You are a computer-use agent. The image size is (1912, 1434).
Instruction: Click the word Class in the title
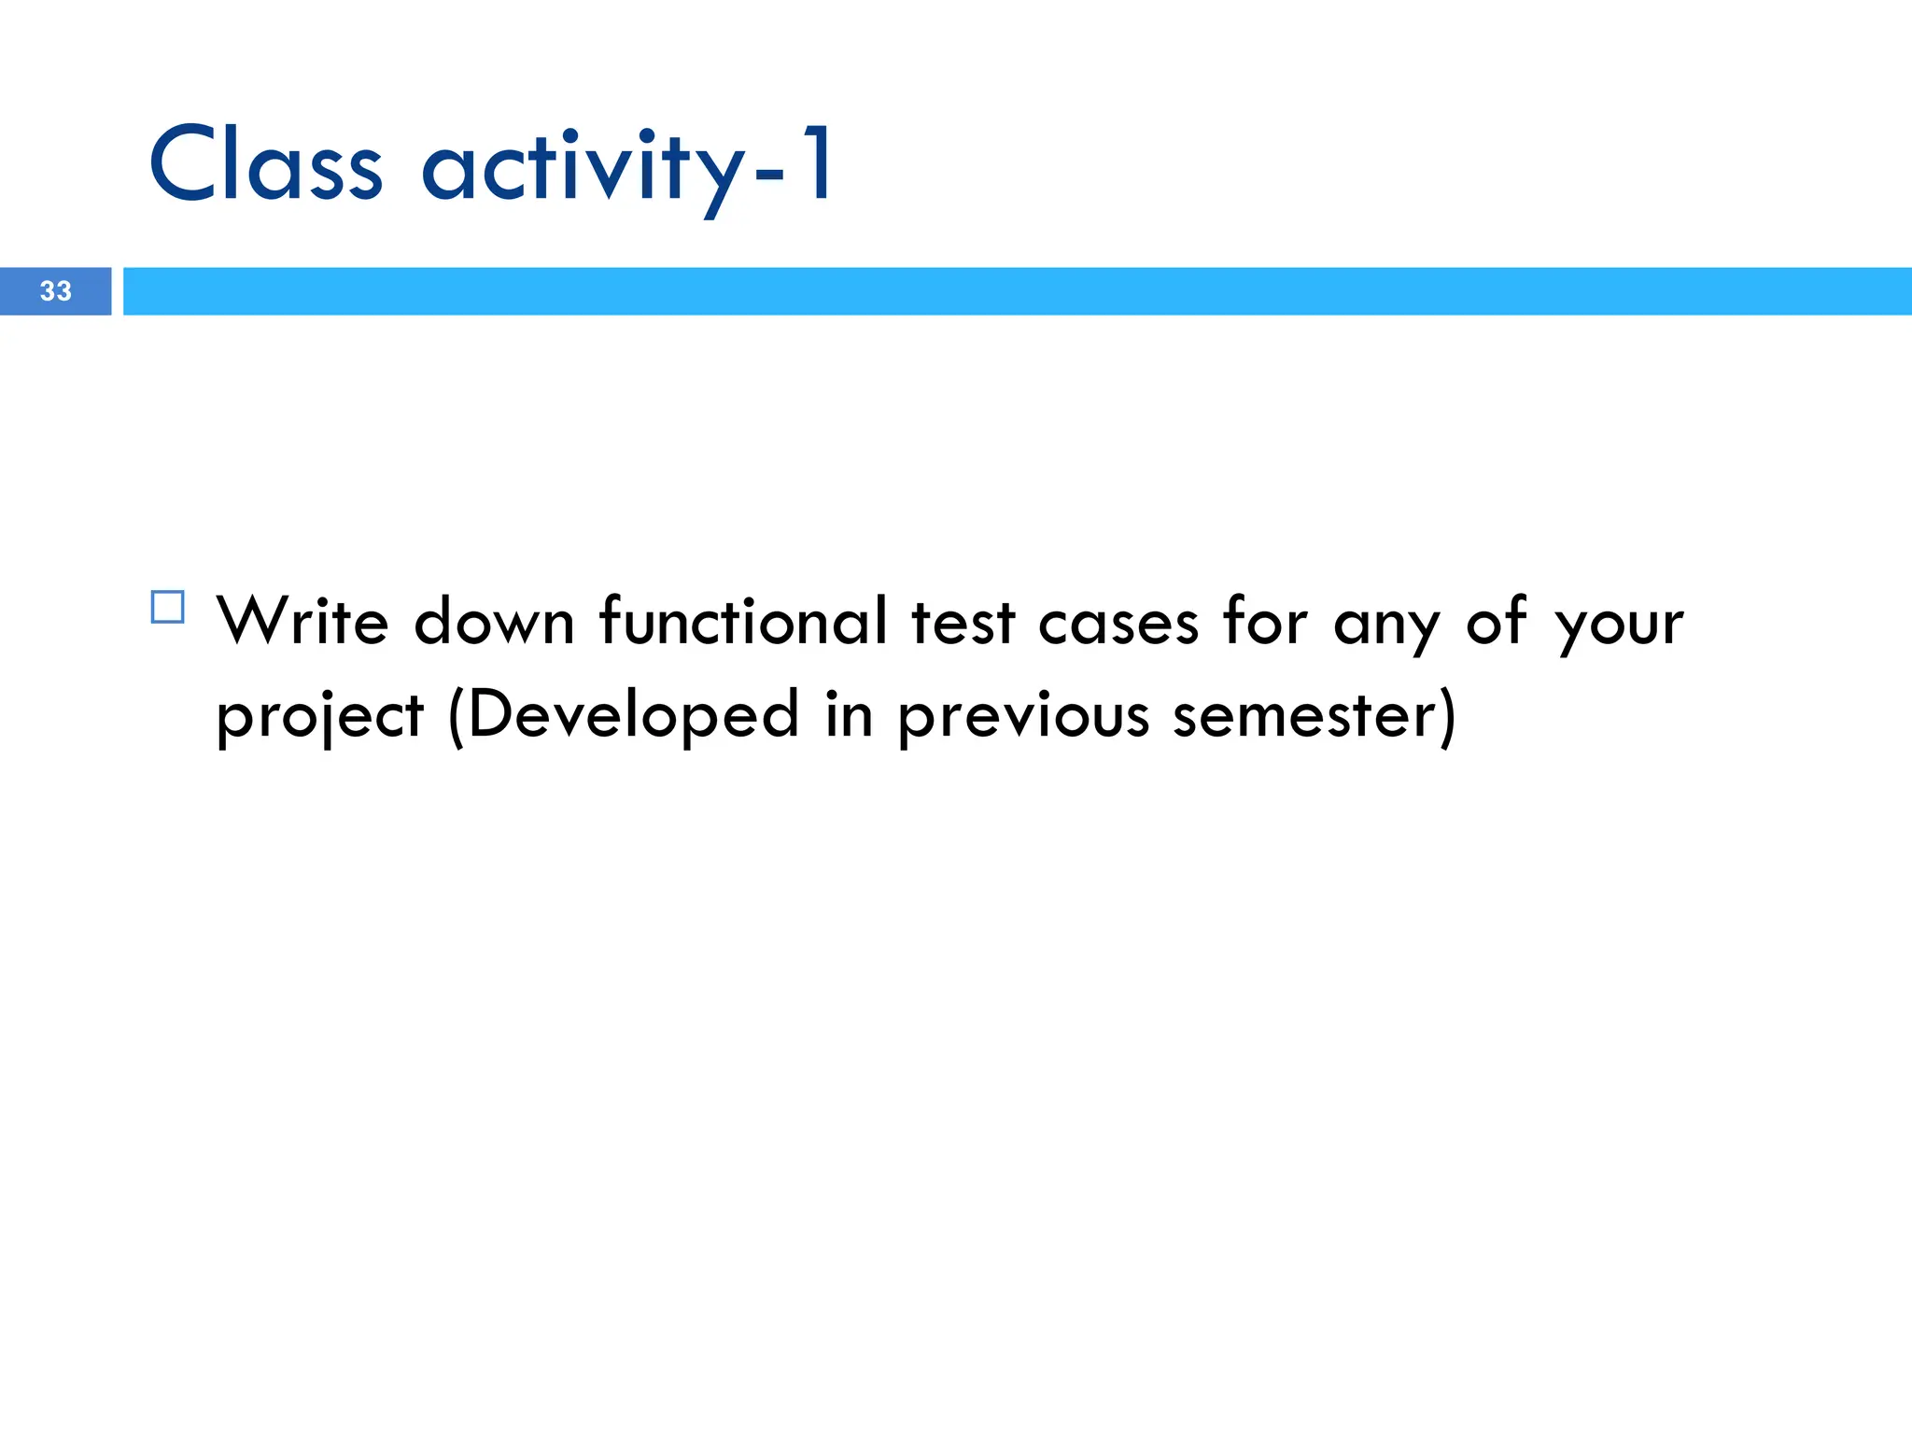point(266,165)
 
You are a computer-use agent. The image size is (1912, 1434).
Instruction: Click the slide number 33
point(56,291)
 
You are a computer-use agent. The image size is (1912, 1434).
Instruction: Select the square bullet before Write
point(168,608)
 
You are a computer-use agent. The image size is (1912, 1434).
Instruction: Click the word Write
point(302,621)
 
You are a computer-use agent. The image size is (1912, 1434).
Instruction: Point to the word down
point(494,621)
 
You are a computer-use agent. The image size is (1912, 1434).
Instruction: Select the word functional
point(744,621)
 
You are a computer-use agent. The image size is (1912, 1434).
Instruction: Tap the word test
point(963,623)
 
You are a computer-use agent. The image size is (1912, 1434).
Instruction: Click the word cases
point(1118,623)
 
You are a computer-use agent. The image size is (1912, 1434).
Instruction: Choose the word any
point(1386,626)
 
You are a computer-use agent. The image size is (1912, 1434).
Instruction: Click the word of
point(1497,621)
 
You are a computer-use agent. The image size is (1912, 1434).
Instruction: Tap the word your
point(1620,626)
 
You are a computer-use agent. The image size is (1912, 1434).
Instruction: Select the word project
point(320,717)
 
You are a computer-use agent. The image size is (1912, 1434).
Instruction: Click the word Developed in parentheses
point(633,715)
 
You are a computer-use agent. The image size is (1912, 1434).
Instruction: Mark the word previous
point(1024,717)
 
